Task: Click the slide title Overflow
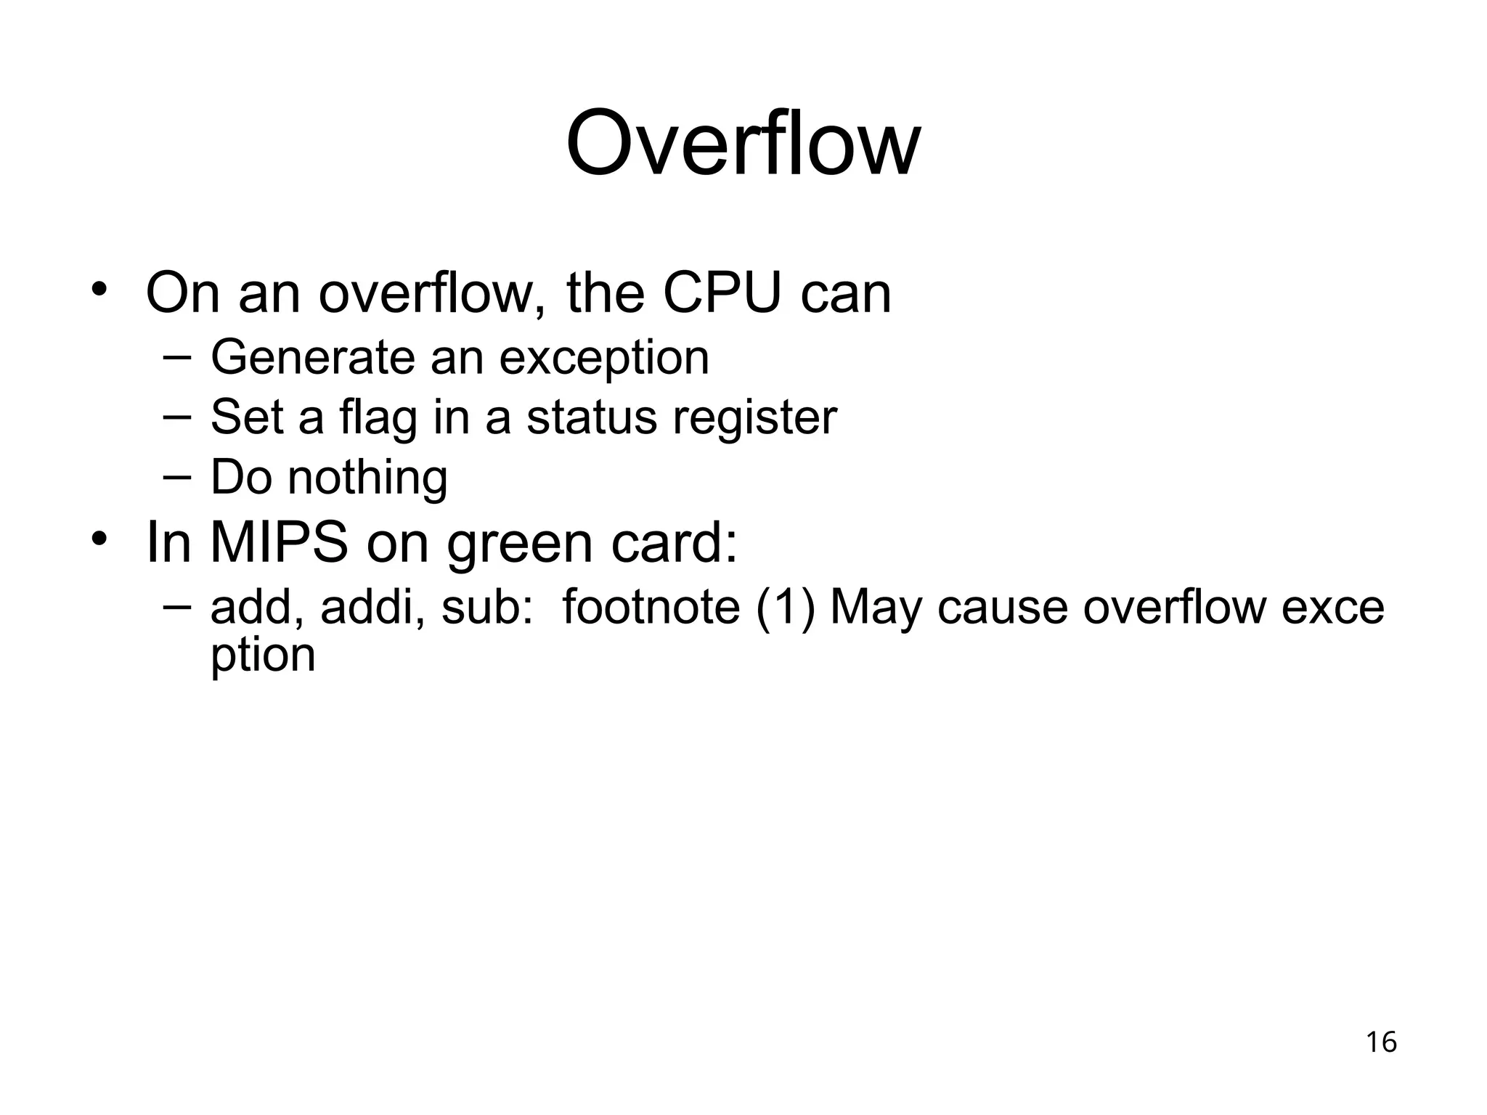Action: click(743, 143)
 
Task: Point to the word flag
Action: click(378, 418)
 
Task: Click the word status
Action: click(591, 418)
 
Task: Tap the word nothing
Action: click(367, 478)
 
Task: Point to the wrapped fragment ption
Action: click(263, 656)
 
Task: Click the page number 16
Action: click(1381, 1042)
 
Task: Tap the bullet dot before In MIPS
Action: click(99, 539)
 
